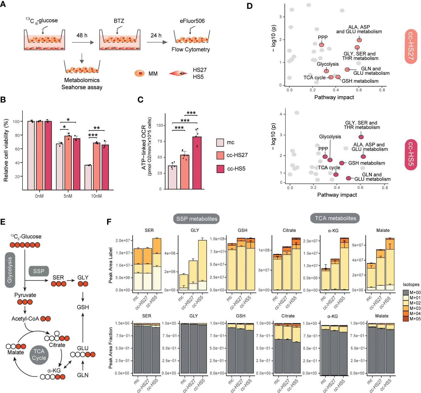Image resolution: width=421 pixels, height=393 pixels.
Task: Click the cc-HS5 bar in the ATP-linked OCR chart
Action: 197,163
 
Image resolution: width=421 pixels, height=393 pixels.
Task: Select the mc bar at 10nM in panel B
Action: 88,177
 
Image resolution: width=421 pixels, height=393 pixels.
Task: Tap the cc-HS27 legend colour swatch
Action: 220,155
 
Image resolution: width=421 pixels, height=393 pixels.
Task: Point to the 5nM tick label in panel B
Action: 68,196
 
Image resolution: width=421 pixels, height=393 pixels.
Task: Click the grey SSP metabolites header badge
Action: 196,219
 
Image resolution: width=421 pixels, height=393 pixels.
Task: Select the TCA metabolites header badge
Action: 335,218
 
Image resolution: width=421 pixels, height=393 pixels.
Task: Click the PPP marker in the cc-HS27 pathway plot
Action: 322,45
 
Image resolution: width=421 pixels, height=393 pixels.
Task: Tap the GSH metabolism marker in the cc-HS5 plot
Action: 342,163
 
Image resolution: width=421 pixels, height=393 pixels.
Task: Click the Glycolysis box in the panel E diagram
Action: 10,270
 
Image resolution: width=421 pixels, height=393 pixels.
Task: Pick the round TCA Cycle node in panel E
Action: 39,355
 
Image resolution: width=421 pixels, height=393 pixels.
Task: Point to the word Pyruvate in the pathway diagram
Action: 25,295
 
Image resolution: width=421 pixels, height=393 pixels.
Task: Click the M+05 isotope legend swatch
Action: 406,319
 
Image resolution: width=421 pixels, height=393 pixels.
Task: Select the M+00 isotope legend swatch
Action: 406,293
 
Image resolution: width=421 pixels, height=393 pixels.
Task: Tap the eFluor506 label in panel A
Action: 192,21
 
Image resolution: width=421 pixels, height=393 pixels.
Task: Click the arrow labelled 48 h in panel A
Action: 83,42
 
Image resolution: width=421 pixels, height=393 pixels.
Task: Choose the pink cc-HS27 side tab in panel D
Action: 410,46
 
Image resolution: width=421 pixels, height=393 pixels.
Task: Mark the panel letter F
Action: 109,222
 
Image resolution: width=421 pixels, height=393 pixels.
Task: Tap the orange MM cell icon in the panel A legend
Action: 139,73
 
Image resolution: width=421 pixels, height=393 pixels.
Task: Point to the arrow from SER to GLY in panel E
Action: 71,281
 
